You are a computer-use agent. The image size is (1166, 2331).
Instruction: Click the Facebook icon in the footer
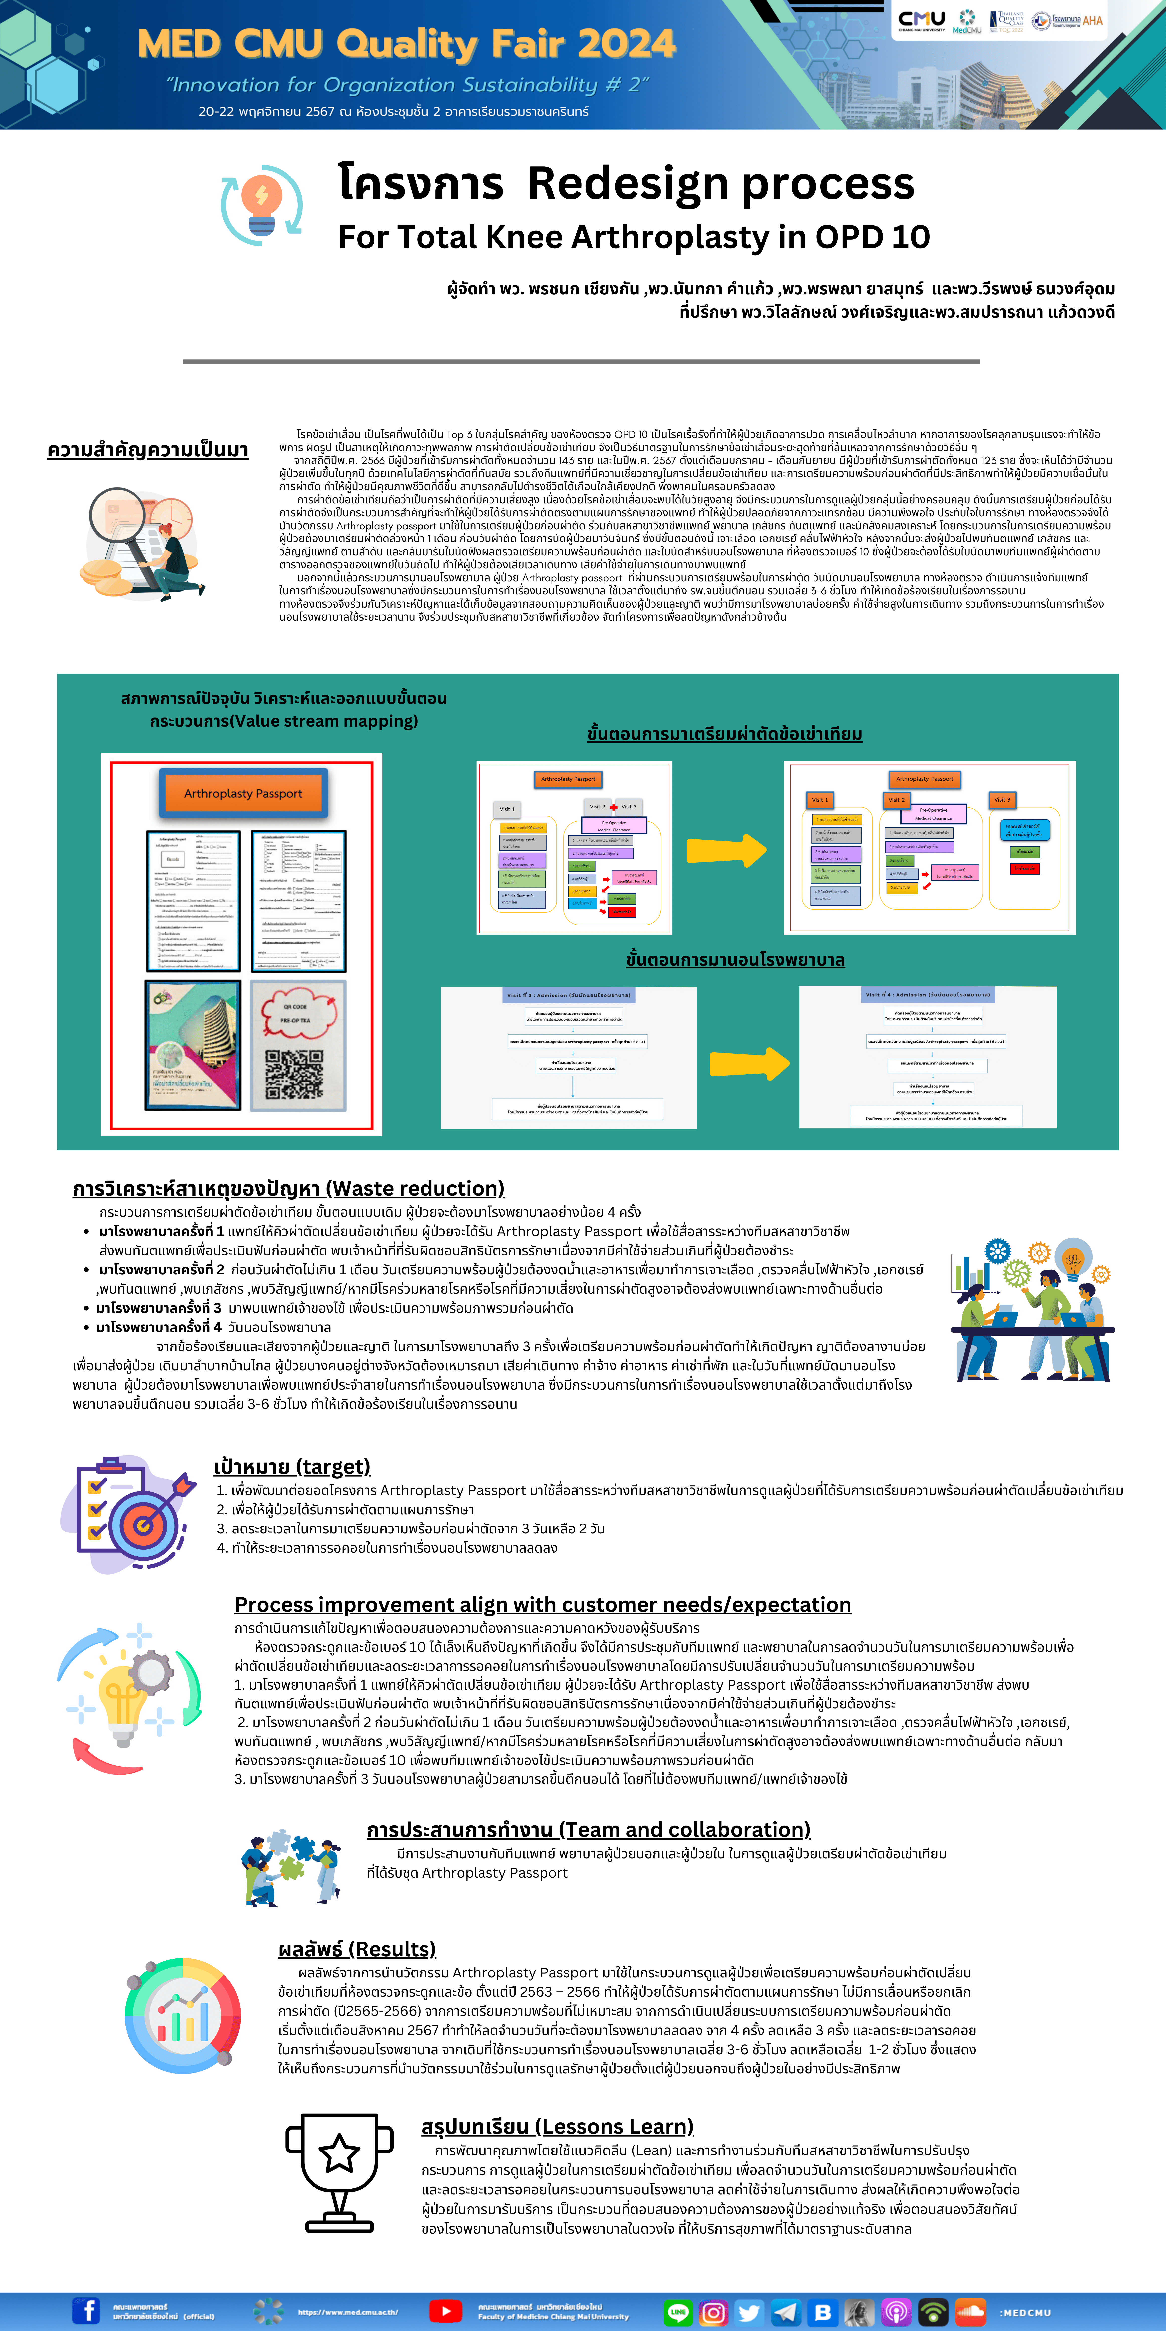tap(86, 2310)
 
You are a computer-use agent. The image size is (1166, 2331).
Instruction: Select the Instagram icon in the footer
tap(713, 2312)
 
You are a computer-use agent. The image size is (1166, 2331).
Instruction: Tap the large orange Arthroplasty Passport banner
tap(243, 794)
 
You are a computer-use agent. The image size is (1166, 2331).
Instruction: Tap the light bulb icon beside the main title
tap(262, 204)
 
